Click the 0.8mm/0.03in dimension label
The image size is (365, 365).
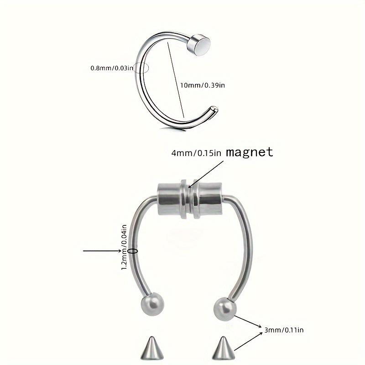(x=112, y=68)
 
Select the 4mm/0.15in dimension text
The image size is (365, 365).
(x=197, y=153)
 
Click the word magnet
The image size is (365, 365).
(x=249, y=152)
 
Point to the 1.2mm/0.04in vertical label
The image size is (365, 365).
(x=124, y=246)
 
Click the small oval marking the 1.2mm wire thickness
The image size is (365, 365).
(x=134, y=250)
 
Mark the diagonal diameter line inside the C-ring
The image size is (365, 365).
(x=176, y=80)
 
